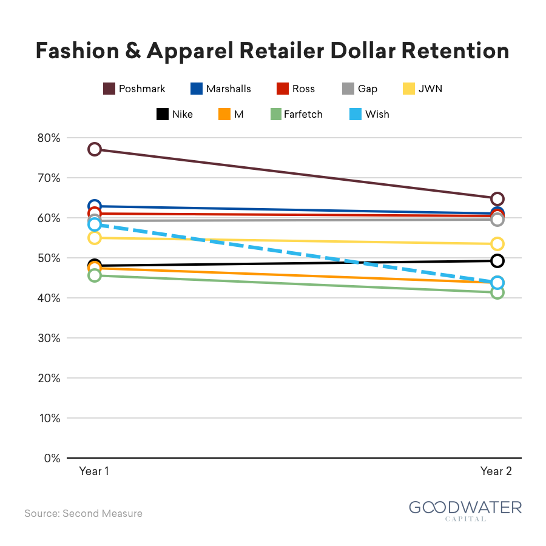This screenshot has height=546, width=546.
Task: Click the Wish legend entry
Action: click(x=369, y=114)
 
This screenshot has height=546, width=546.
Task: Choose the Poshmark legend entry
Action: click(x=134, y=89)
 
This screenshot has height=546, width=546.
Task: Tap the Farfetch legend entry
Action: click(x=296, y=114)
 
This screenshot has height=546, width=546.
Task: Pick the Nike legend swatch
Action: click(x=162, y=114)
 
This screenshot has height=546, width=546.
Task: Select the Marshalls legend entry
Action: click(x=220, y=89)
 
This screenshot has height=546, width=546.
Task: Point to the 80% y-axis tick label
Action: click(x=49, y=138)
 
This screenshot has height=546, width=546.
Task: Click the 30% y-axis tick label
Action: click(x=49, y=338)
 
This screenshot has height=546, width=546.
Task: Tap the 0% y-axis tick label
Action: click(x=52, y=458)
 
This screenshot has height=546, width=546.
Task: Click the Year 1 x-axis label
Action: click(x=94, y=471)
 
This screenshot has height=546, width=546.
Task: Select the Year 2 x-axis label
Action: click(x=496, y=471)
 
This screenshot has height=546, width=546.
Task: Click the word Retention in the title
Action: click(x=456, y=51)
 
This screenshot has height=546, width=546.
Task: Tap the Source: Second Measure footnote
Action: click(x=84, y=514)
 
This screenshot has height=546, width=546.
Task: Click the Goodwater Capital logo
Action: click(x=465, y=511)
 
